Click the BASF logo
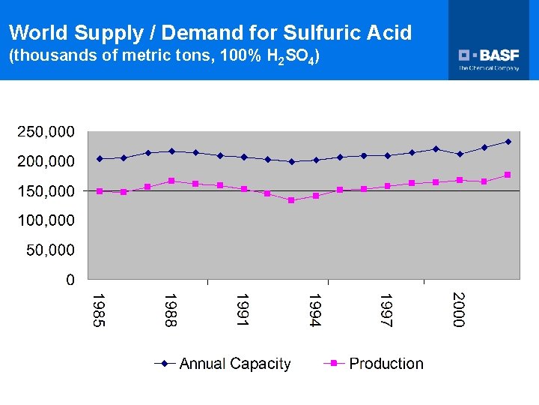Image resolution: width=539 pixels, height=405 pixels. pyautogui.click(x=489, y=58)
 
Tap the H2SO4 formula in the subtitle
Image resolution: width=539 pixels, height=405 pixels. pyautogui.click(x=287, y=57)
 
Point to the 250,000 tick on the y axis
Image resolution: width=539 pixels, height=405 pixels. pyautogui.click(x=46, y=131)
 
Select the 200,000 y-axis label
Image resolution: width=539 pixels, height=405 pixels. pyautogui.click(x=46, y=161)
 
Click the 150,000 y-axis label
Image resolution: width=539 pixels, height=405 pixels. pyautogui.click(x=46, y=191)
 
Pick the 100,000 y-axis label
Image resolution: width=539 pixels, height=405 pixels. pyautogui.click(x=46, y=220)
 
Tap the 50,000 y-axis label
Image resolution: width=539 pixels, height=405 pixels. pyautogui.click(x=49, y=250)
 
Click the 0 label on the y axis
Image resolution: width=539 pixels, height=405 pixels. pyautogui.click(x=70, y=280)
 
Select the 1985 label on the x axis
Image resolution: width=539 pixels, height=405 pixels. pyautogui.click(x=99, y=310)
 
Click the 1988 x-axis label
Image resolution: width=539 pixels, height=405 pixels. pyautogui.click(x=171, y=310)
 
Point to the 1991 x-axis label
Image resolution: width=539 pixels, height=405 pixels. pyautogui.click(x=243, y=310)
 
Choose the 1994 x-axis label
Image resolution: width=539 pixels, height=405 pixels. pyautogui.click(x=315, y=310)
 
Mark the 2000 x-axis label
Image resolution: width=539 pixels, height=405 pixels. pyautogui.click(x=459, y=310)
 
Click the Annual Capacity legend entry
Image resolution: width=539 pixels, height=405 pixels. pyautogui.click(x=234, y=364)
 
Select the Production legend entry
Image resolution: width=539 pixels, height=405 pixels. pyautogui.click(x=386, y=364)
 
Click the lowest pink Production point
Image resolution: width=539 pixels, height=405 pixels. pyautogui.click(x=291, y=200)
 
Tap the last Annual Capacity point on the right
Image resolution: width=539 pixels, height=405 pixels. pyautogui.click(x=508, y=141)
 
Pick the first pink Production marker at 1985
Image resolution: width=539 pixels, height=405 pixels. pyautogui.click(x=100, y=191)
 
